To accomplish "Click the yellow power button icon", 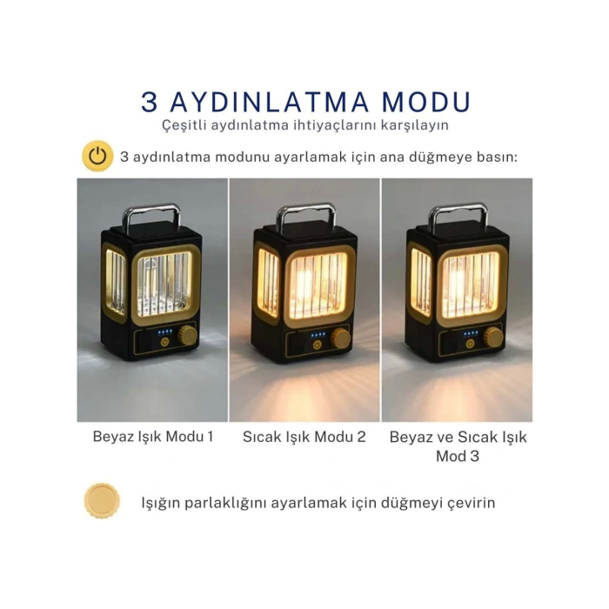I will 97,157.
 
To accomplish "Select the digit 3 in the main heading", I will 150,102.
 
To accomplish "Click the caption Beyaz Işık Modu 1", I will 152,436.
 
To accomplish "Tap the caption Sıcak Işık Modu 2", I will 304,436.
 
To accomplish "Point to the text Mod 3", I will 458,455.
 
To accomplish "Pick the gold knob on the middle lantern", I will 343,338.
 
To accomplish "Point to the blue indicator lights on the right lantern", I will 471,333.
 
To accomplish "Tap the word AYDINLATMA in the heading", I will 266,102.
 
